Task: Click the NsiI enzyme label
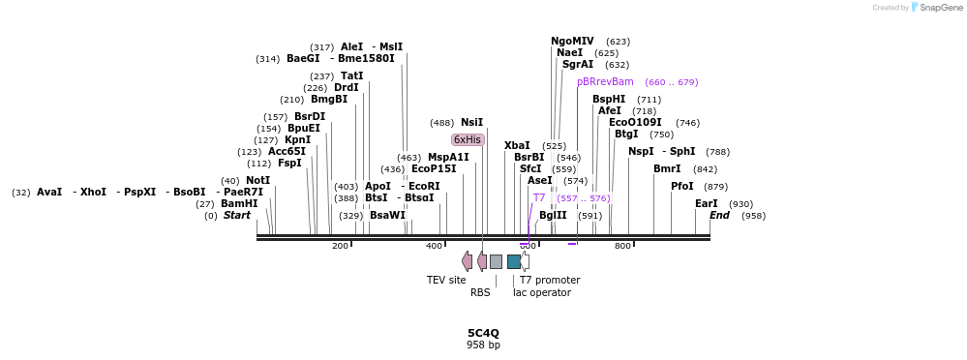(471, 123)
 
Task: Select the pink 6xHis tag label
(468, 139)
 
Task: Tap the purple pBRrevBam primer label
(605, 82)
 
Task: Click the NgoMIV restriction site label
(572, 42)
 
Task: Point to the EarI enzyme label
(707, 204)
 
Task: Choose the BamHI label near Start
(239, 204)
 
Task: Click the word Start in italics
(237, 216)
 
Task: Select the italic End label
(719, 216)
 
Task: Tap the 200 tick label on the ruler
(340, 246)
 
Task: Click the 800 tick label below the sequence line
(622, 246)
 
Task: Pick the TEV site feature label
(446, 281)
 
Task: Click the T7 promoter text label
(550, 281)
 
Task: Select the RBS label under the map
(480, 292)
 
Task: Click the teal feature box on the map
(514, 261)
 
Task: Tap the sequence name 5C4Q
(483, 333)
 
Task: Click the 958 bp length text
(483, 345)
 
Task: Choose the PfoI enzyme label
(682, 187)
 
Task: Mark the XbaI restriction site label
(517, 145)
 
